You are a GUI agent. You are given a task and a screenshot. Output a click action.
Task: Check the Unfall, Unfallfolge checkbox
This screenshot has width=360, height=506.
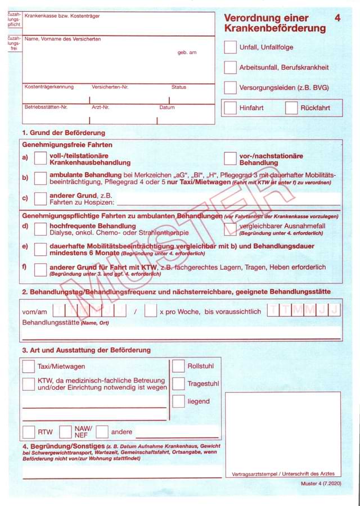230,47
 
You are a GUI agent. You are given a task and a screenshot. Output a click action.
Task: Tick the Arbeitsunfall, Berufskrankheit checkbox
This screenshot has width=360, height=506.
230,67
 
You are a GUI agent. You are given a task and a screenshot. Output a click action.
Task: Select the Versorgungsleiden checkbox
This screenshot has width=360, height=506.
230,88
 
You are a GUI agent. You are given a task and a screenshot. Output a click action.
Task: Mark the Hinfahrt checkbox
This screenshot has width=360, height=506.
230,108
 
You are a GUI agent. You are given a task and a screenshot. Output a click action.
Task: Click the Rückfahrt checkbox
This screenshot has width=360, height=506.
291,108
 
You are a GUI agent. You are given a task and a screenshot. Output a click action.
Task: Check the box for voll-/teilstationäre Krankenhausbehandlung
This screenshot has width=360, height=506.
40,159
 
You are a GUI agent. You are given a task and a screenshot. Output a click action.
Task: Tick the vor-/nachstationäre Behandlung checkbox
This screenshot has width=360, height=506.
230,159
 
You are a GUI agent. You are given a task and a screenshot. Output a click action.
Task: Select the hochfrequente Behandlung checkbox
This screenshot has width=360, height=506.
40,229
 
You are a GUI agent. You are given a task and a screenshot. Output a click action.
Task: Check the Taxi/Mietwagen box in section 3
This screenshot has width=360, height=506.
29,367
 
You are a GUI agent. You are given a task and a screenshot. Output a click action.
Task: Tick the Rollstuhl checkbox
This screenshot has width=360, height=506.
178,367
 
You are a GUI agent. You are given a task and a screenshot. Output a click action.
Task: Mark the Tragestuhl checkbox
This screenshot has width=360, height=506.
178,384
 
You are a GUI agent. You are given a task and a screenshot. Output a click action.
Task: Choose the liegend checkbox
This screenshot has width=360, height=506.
178,401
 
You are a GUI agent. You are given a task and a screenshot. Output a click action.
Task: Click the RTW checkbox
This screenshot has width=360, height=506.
29,432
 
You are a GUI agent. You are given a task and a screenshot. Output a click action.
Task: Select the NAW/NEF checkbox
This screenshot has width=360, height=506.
65,432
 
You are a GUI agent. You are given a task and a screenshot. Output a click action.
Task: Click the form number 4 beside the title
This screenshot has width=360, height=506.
337,18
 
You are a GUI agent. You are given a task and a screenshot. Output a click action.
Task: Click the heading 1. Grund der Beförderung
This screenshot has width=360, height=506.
64,133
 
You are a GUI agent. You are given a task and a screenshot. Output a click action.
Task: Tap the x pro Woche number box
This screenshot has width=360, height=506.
150,310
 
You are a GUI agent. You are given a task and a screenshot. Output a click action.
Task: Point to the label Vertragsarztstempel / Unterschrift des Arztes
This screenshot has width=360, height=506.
283,474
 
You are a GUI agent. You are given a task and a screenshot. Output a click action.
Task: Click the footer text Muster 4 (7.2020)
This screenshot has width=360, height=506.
321,484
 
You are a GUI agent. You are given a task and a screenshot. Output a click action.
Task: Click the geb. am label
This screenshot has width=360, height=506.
187,52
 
